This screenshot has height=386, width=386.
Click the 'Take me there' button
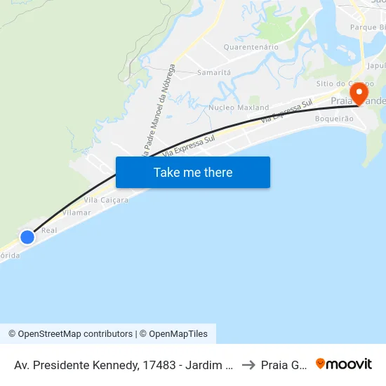(193, 172)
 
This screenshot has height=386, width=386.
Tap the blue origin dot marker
(27, 237)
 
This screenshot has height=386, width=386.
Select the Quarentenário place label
(251, 47)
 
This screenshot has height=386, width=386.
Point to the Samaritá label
(214, 72)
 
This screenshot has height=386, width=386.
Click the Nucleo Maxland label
(239, 108)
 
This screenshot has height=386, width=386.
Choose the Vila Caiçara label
(106, 200)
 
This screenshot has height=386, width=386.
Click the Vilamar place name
(77, 211)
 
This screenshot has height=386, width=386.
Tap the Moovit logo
(344, 364)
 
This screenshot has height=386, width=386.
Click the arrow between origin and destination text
(248, 364)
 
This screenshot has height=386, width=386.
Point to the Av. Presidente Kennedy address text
(123, 364)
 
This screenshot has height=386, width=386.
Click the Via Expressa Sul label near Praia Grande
(286, 112)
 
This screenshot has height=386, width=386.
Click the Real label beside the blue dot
(49, 230)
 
